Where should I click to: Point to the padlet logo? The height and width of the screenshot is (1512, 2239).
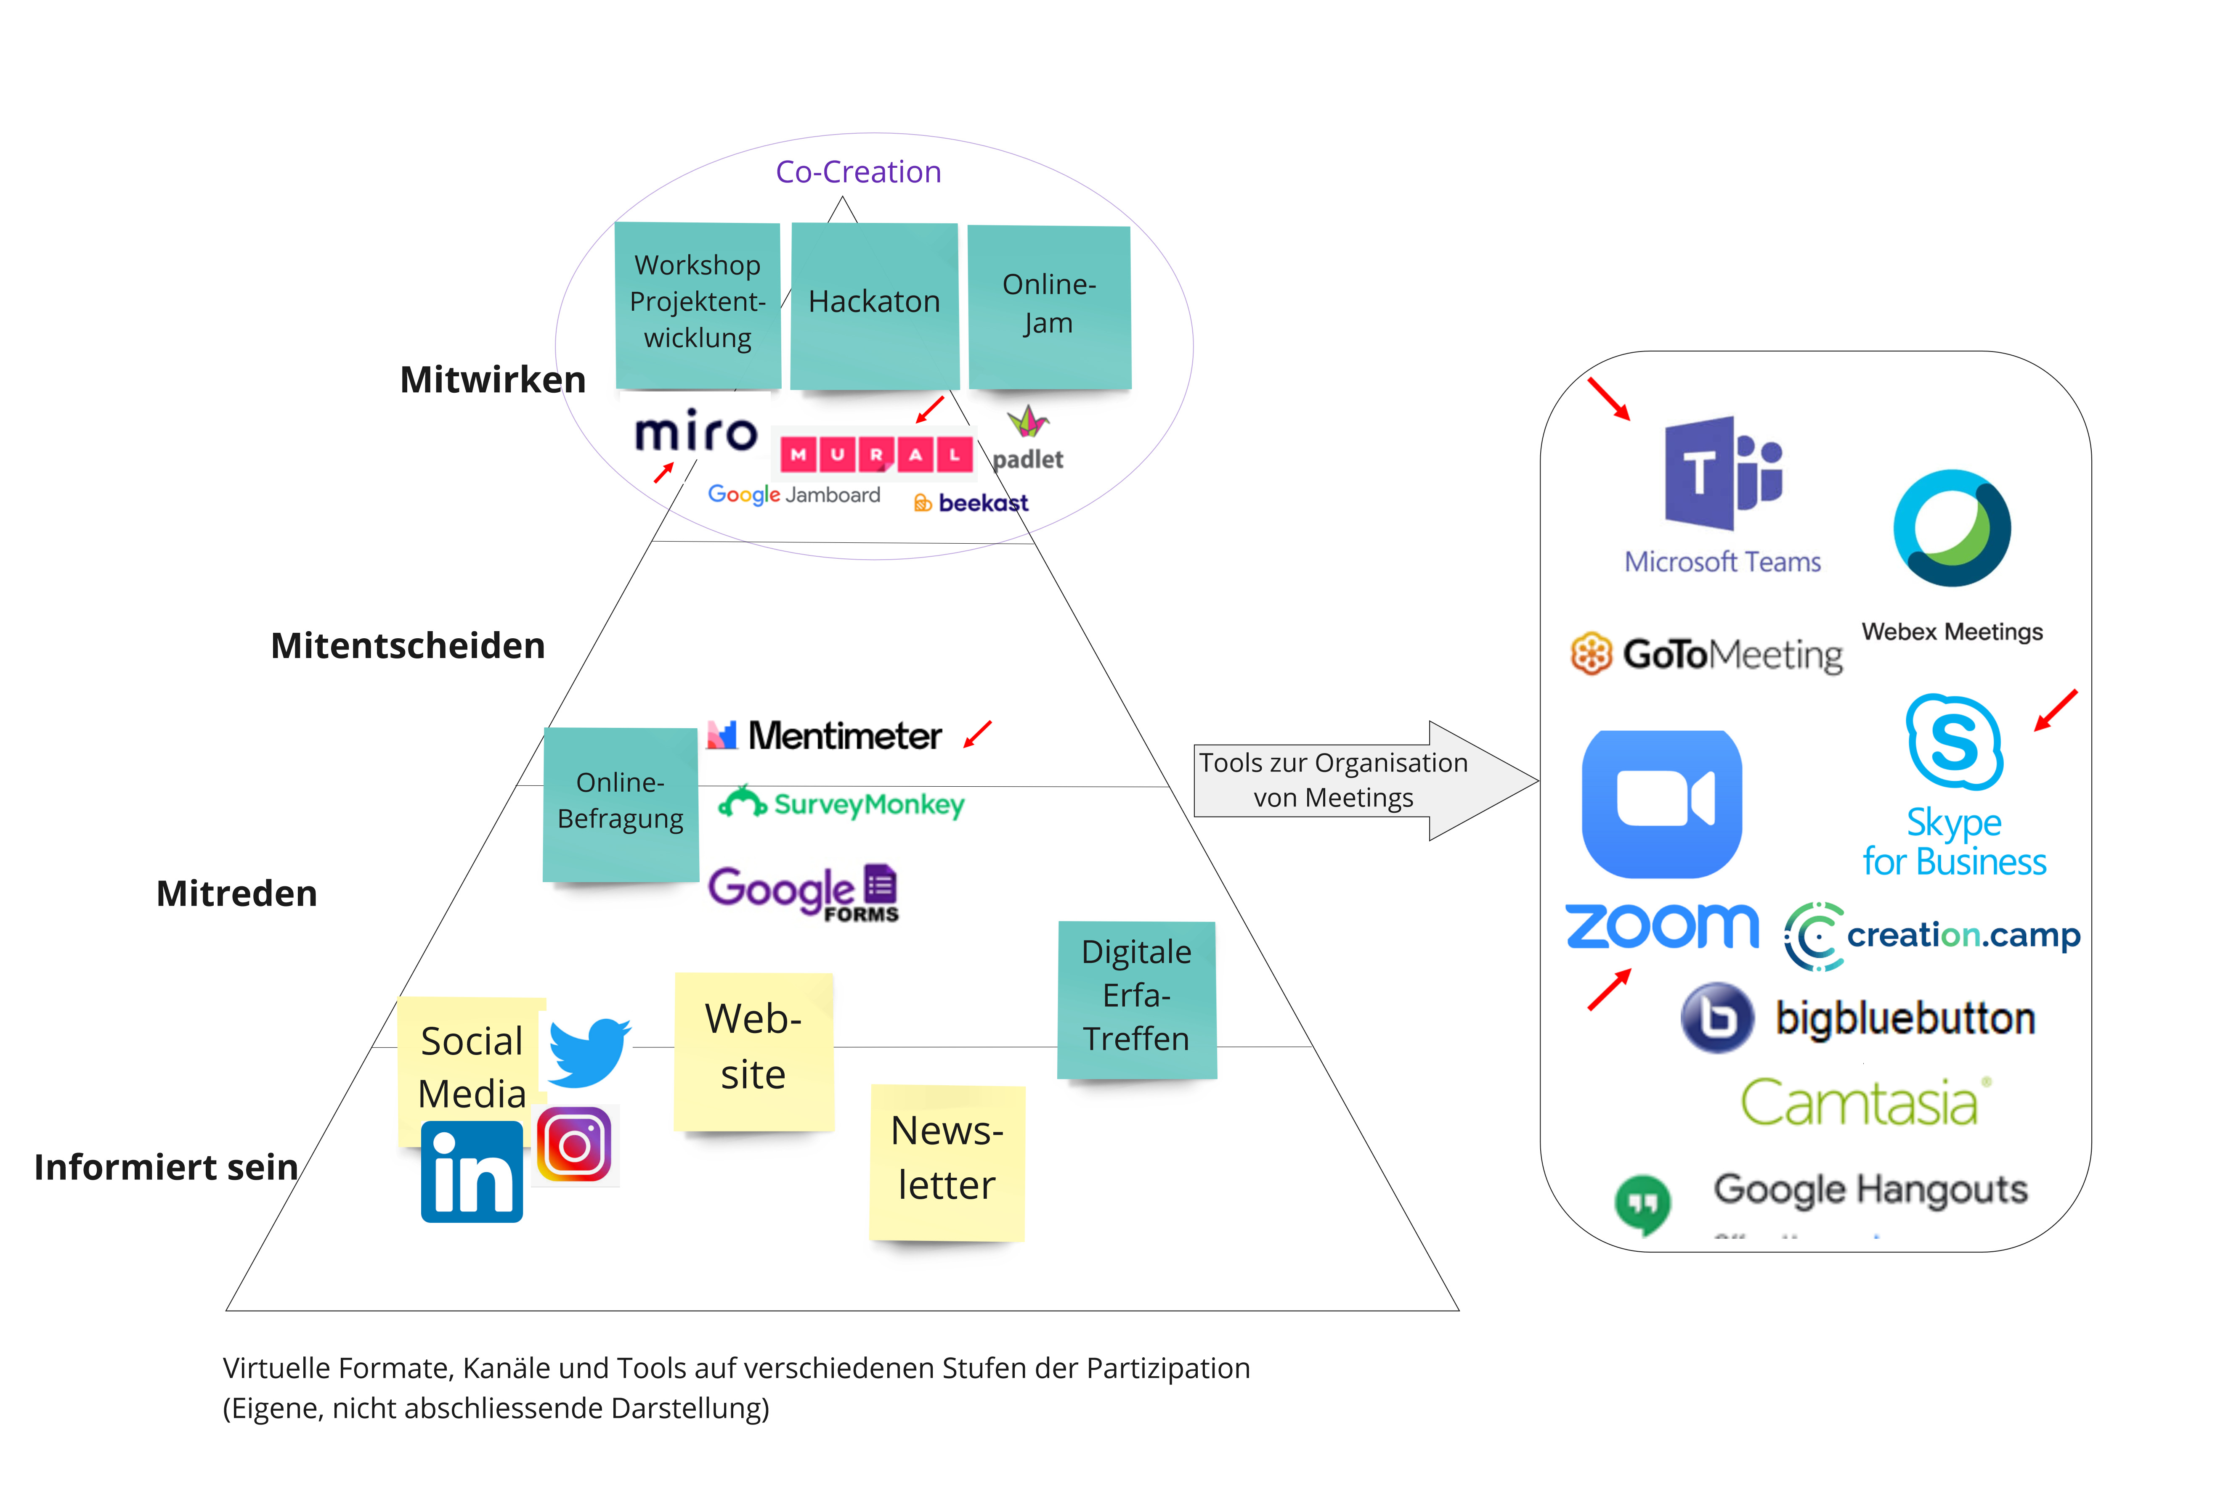click(x=1028, y=440)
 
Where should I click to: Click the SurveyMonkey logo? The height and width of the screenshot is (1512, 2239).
click(x=841, y=804)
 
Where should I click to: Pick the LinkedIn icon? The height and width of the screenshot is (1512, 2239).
click(x=472, y=1172)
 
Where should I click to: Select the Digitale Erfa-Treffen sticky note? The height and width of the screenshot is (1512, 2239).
click(x=1137, y=999)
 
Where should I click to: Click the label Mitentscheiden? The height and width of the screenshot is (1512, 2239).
click(x=408, y=645)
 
